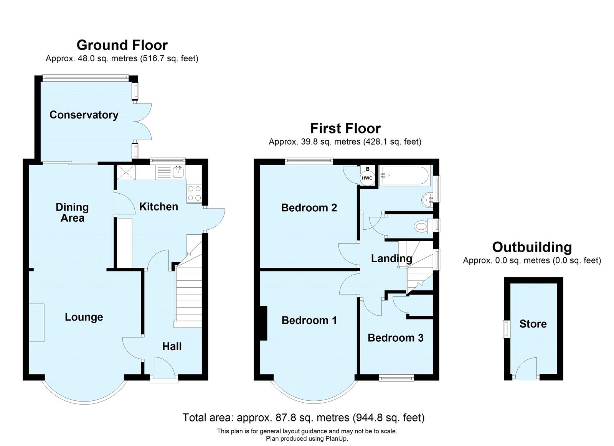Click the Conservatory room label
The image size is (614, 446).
(84, 115)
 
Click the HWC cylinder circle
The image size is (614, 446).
(367, 178)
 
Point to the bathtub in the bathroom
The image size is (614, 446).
(405, 176)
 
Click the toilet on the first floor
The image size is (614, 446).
(422, 226)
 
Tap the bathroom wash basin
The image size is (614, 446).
(427, 200)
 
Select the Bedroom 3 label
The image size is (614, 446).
(395, 338)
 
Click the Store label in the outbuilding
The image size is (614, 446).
(533, 324)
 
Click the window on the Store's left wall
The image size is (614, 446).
(506, 329)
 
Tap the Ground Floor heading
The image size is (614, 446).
(122, 45)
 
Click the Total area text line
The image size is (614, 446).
(303, 417)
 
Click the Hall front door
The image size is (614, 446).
(164, 369)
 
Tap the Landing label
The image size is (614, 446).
(391, 258)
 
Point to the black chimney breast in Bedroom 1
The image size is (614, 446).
(263, 323)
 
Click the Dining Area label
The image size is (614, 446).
(72, 212)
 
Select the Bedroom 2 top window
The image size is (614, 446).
(309, 161)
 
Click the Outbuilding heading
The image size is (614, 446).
(531, 247)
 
